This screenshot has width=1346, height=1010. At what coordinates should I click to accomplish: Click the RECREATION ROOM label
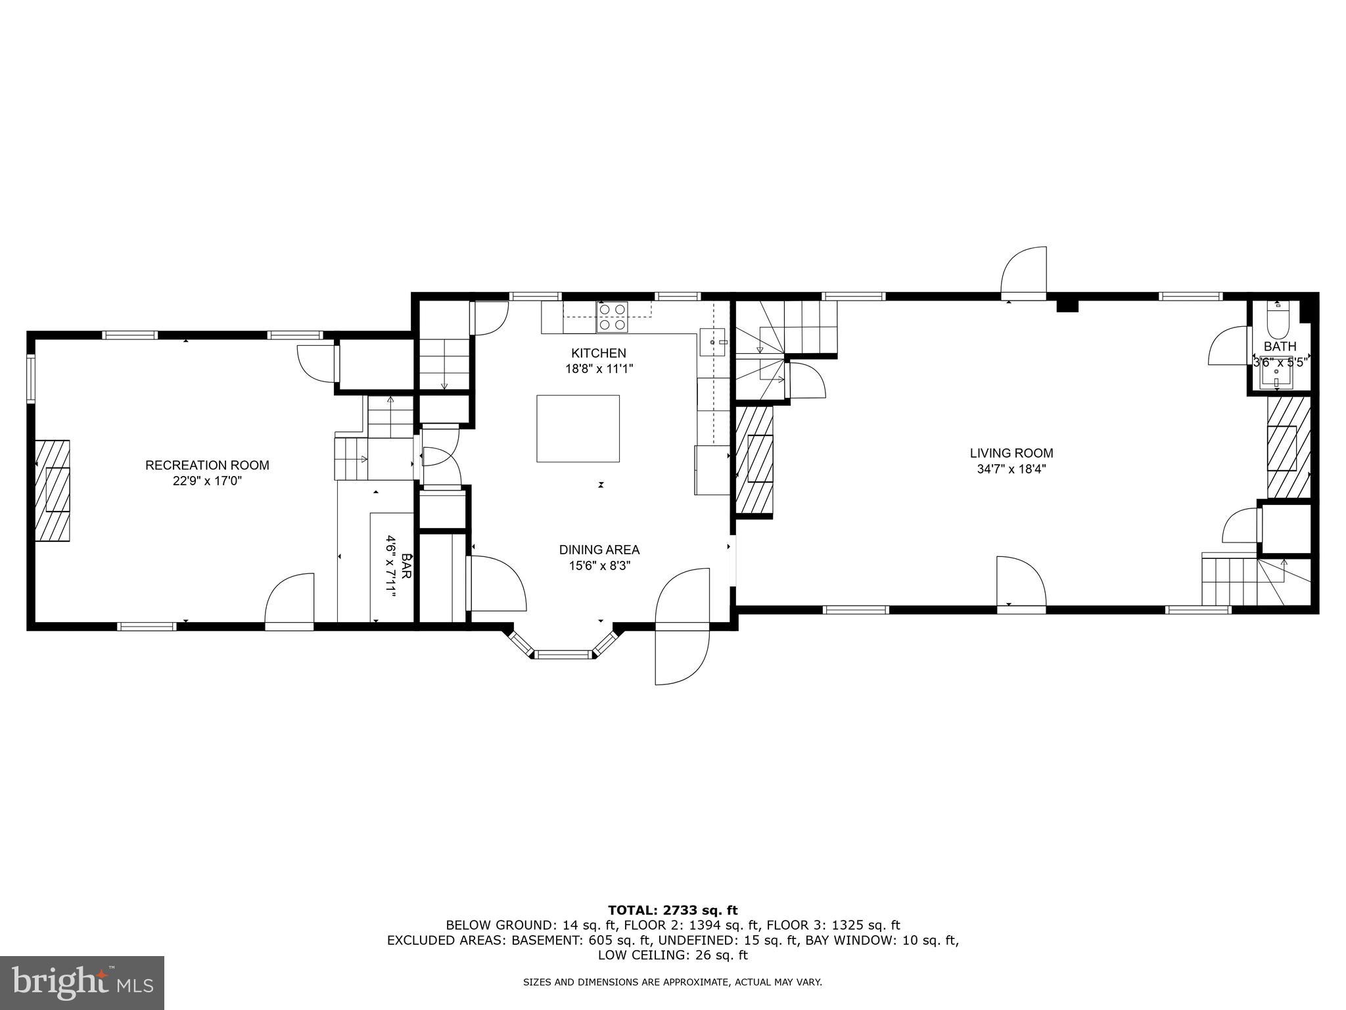pyautogui.click(x=207, y=466)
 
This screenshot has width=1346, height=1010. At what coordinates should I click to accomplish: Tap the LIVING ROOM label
pyautogui.click(x=1011, y=453)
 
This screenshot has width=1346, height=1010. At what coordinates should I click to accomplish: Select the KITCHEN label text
pyautogui.click(x=599, y=353)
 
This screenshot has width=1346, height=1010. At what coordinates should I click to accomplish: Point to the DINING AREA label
pyautogui.click(x=599, y=550)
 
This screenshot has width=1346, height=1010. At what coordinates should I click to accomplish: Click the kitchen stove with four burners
pyautogui.click(x=612, y=317)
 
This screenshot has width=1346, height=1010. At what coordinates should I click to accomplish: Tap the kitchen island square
pyautogui.click(x=578, y=429)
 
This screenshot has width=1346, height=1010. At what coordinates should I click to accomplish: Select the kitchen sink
pyautogui.click(x=712, y=342)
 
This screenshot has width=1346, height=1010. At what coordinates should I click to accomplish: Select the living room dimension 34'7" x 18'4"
pyautogui.click(x=1011, y=469)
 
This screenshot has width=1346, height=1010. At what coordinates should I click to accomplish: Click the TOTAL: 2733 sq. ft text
pyautogui.click(x=673, y=911)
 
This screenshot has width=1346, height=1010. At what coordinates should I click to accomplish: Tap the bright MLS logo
pyautogui.click(x=82, y=982)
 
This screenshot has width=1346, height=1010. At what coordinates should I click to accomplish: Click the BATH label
pyautogui.click(x=1280, y=347)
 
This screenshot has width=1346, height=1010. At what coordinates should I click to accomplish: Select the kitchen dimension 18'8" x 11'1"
pyautogui.click(x=599, y=369)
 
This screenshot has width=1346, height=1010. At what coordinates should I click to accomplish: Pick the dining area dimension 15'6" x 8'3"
pyautogui.click(x=599, y=565)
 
